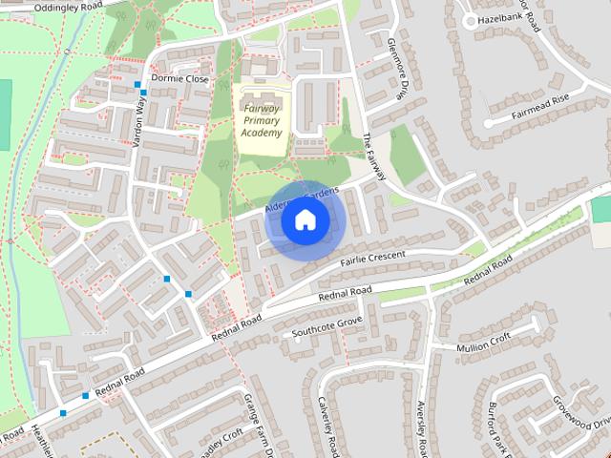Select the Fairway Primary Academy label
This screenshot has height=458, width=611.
pos(262,121)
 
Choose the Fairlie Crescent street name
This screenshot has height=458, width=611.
pos(371,258)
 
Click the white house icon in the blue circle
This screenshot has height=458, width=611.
pos(305,220)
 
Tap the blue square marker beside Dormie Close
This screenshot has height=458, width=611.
pos(138,85)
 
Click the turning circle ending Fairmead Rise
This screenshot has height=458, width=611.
pos(488,123)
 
